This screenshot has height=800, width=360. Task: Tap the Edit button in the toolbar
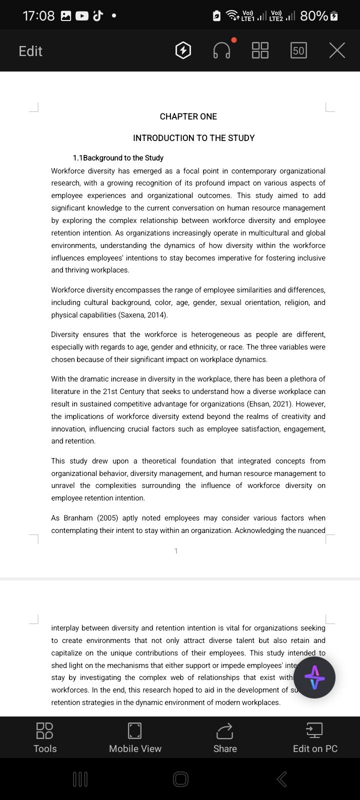tap(30, 51)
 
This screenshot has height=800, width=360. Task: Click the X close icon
tap(337, 50)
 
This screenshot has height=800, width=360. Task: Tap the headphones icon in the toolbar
tap(222, 50)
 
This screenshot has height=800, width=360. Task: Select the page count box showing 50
tap(298, 50)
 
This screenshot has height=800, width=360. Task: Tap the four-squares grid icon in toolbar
tap(260, 50)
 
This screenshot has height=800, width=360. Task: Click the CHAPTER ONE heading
tap(188, 116)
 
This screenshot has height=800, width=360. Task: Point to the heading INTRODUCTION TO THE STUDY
tap(194, 138)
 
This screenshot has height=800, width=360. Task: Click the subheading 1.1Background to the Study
tap(118, 158)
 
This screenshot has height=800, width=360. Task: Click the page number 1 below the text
tap(176, 551)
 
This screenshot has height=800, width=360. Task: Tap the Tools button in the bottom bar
tap(45, 737)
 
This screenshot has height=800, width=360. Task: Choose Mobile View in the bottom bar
tap(135, 737)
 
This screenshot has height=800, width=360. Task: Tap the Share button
tap(225, 737)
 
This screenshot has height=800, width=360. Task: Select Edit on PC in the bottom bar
tap(315, 737)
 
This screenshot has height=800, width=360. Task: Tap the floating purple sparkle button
tap(314, 677)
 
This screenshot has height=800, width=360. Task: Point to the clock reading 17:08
tap(38, 16)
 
